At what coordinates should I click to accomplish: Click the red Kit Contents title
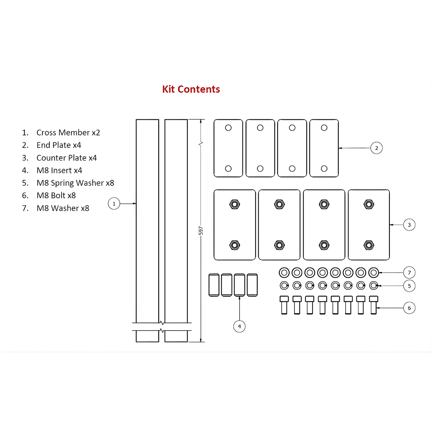point(191,89)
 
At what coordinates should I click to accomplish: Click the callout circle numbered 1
point(114,204)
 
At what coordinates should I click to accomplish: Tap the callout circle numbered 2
point(376,148)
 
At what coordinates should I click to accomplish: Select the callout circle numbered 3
point(409,225)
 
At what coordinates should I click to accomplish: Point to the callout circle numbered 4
point(239,326)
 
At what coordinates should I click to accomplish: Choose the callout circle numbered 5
point(409,286)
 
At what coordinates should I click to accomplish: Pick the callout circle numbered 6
point(409,308)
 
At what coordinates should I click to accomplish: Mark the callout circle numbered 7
point(409,272)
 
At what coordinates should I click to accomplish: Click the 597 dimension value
point(201,231)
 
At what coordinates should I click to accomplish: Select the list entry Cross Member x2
point(68,132)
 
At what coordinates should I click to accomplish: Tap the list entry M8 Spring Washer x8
point(75,183)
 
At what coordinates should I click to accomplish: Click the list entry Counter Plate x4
point(67,158)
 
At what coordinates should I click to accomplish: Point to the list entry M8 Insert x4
point(59,170)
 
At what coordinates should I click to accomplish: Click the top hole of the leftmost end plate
point(228,128)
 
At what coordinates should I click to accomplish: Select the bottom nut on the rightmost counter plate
point(369,245)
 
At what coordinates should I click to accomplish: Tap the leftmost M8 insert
point(214,285)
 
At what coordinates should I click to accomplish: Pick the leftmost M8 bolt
point(284,305)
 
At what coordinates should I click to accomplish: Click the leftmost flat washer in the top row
point(284,272)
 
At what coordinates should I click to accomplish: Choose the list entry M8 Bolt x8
point(56,195)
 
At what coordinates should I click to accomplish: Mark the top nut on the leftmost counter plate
point(235,204)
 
